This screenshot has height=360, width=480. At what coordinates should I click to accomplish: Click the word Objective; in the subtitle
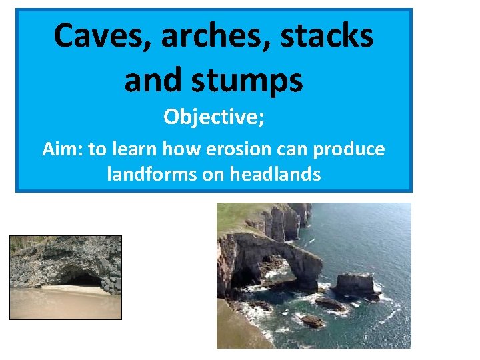coord(214,117)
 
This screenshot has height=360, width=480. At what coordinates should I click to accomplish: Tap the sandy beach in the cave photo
coord(65,303)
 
